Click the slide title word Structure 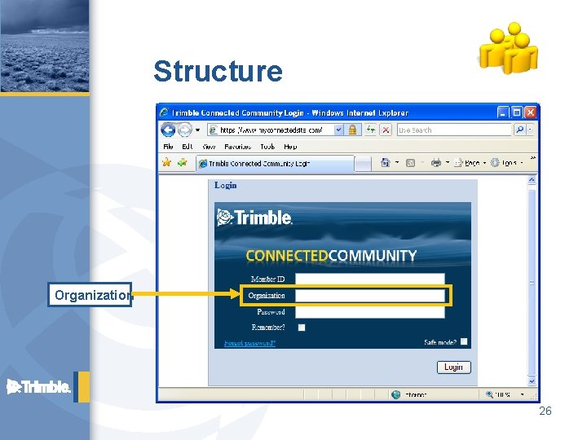(218, 72)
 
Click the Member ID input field (369, 279)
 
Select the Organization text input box (369, 296)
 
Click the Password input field (369, 312)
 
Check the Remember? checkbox (302, 328)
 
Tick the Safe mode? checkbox (464, 342)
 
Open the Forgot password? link (250, 343)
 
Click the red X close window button (531, 112)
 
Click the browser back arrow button (169, 130)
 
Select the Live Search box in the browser (453, 130)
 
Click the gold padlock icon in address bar (353, 130)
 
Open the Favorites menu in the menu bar (238, 147)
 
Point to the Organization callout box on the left (90, 295)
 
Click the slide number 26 (545, 411)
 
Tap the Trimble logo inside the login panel (254, 218)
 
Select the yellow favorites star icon (166, 163)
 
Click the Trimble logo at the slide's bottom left (39, 387)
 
